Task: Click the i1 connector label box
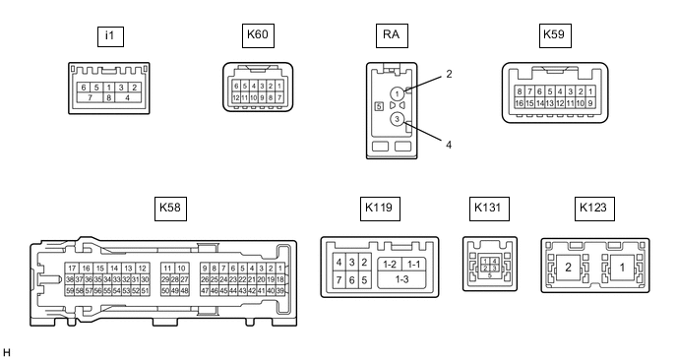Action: coord(110,36)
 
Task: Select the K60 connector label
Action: coord(258,35)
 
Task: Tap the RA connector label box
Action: coord(392,35)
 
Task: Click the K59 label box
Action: coord(555,35)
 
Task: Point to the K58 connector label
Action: coord(170,209)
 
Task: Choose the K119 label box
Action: coord(380,209)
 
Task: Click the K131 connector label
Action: coord(489,209)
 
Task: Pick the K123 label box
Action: coord(594,209)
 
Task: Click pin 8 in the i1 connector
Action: coord(109,97)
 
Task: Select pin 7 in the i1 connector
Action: coord(91,97)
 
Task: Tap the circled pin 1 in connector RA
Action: coord(397,93)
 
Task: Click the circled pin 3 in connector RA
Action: coord(397,120)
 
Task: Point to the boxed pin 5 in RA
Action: coord(379,106)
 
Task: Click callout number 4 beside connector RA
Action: coord(449,145)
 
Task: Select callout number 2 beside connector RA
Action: coord(449,74)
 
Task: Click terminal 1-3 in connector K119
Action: coord(401,279)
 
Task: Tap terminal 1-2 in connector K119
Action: coord(390,265)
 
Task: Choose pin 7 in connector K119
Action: coord(338,280)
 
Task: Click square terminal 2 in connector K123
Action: coord(568,268)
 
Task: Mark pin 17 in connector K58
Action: coord(72,269)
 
